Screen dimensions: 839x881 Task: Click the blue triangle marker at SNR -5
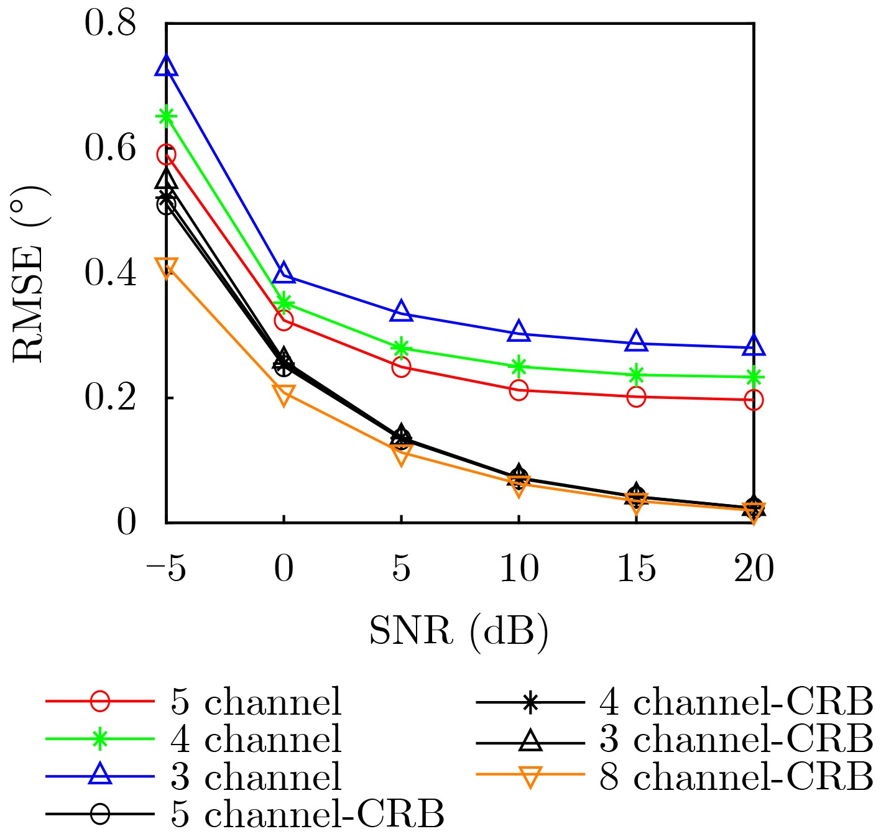pyautogui.click(x=166, y=66)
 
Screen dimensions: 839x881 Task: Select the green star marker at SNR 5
pyautogui.click(x=401, y=347)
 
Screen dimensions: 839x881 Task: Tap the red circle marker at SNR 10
pyautogui.click(x=519, y=390)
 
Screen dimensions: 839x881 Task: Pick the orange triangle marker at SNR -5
pyautogui.click(x=166, y=268)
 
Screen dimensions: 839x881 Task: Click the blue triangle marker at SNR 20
pyautogui.click(x=754, y=346)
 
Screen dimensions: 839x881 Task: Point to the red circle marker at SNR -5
pyautogui.click(x=166, y=154)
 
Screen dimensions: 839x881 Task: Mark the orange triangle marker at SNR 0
pyautogui.click(x=284, y=395)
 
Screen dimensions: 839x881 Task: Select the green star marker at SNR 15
pyautogui.click(x=636, y=375)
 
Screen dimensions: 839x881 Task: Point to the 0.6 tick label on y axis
pyautogui.click(x=110, y=149)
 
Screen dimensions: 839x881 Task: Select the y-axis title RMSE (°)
pyautogui.click(x=29, y=273)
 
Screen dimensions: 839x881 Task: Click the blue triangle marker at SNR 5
pyautogui.click(x=401, y=311)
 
